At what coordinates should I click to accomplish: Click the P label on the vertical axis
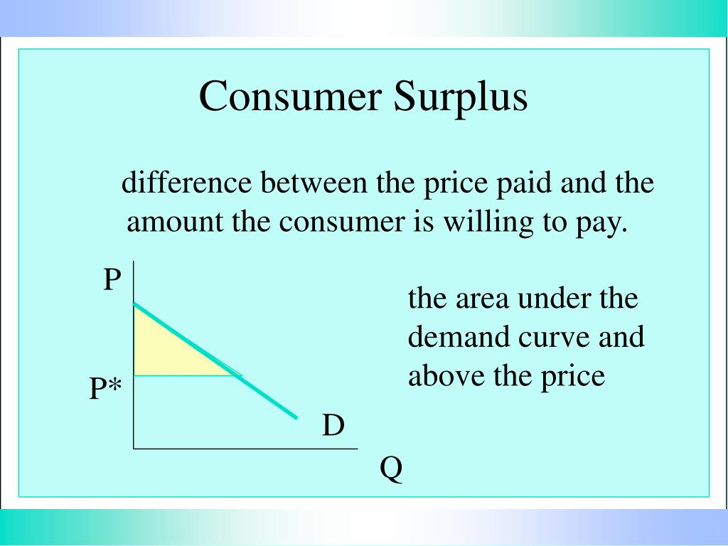coord(112,280)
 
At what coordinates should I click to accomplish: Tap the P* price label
coord(105,390)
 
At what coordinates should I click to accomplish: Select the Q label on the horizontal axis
coord(391,469)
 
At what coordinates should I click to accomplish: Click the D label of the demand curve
coord(333,426)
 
